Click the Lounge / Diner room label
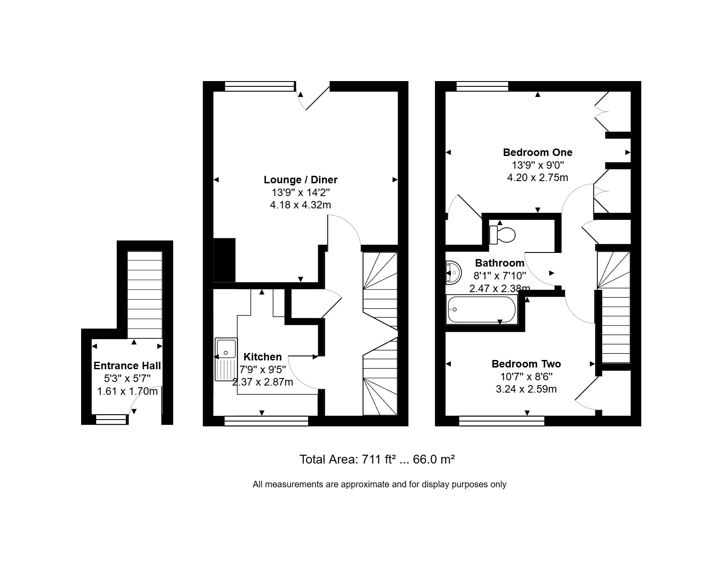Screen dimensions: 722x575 point(300,180)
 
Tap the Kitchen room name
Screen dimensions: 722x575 point(262,356)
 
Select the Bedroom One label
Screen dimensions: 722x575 point(537,152)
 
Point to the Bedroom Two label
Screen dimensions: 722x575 point(526,364)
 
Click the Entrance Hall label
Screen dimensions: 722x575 point(127,366)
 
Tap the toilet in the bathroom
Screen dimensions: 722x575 point(502,235)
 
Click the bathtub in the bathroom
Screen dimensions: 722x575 point(481,310)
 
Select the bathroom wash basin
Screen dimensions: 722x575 point(453,272)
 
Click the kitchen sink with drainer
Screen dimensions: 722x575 point(226,360)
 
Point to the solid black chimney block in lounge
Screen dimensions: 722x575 point(224,260)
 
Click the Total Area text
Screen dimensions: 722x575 point(377,459)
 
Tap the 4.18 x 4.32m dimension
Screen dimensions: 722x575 point(300,205)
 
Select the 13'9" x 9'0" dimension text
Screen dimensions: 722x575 point(537,165)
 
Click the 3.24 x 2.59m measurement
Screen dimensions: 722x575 point(526,389)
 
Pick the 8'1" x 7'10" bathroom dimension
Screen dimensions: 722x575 point(499,276)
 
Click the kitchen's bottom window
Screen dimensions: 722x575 point(266,421)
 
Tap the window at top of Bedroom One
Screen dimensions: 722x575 point(483,86)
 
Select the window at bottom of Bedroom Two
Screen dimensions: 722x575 point(502,421)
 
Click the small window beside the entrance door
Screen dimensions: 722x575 point(111,419)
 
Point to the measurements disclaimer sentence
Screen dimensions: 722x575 point(380,484)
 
